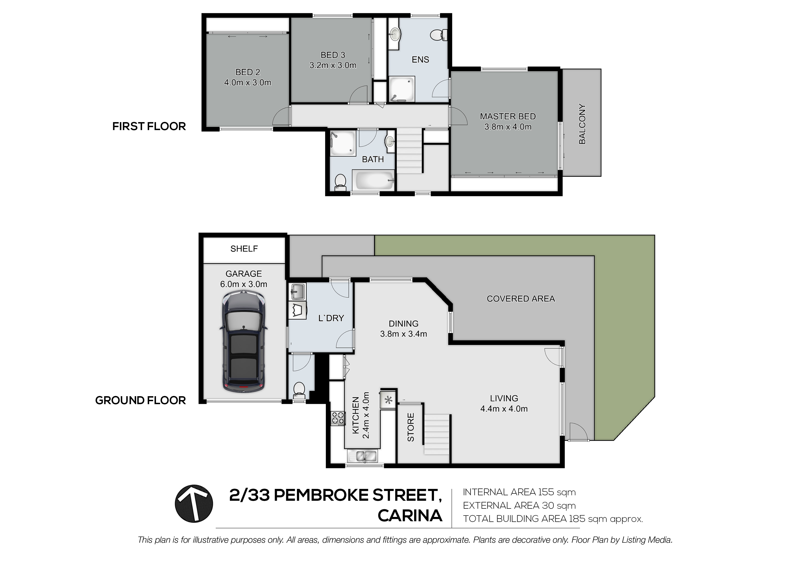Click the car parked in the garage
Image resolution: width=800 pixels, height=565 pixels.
[x=244, y=343]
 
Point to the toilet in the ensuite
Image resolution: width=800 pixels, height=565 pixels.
[x=438, y=35]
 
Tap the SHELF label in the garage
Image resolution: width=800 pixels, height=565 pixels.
[x=244, y=249]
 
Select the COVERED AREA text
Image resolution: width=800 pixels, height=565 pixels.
[x=521, y=299]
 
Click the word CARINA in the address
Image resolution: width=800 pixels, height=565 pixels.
[x=410, y=516]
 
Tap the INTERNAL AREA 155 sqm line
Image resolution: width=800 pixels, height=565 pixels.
[x=519, y=492]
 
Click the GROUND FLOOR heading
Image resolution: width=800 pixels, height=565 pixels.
[x=140, y=400]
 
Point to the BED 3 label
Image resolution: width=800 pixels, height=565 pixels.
[x=333, y=55]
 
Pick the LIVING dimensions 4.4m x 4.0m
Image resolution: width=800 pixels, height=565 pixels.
[x=504, y=409]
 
